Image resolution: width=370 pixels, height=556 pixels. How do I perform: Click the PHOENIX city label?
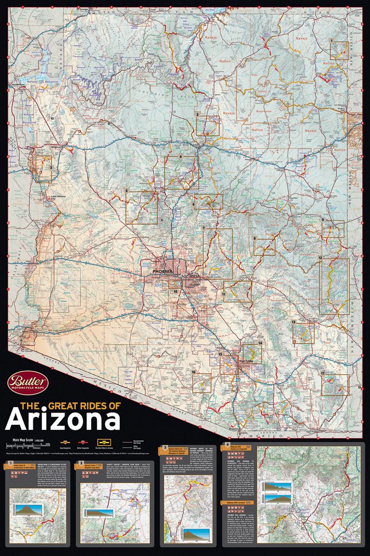pyautogui.click(x=163, y=271)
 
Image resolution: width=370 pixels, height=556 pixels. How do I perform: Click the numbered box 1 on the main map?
pyautogui.click(x=339, y=50)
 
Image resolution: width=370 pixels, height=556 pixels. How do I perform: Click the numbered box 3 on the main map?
pyautogui.click(x=44, y=167)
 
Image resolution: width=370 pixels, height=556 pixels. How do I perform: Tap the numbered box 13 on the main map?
pyautogui.click(x=303, y=332)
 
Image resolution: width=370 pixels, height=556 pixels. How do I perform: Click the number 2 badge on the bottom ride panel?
pyautogui.click(x=82, y=463)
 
